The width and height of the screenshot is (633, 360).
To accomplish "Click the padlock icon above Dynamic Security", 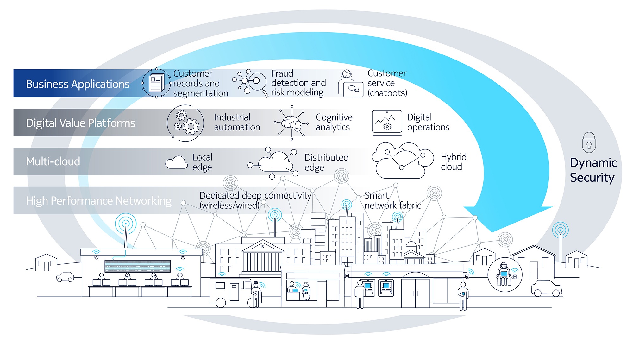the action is (x=589, y=142).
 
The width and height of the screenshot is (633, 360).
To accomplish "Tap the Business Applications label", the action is (x=78, y=84).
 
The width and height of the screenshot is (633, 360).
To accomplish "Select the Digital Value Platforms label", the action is (x=81, y=123).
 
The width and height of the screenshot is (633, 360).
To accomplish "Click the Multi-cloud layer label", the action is (x=53, y=161).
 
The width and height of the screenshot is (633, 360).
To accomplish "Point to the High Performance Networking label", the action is (x=99, y=201).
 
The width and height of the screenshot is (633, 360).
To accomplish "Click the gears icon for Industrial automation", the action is (x=185, y=123).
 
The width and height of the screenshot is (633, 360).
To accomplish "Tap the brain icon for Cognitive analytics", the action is (x=291, y=123).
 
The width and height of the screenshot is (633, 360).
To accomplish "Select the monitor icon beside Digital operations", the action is (x=387, y=123).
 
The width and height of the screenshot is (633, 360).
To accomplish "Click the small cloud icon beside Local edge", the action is (x=177, y=162).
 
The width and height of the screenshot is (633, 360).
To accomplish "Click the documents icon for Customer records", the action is (x=157, y=83).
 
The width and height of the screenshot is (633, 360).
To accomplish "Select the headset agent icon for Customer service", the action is (x=350, y=83).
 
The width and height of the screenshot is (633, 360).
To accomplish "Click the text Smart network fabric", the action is (x=392, y=200).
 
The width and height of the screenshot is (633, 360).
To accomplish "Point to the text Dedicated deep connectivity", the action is (x=255, y=195).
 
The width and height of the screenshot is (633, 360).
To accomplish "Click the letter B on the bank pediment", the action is (x=262, y=247).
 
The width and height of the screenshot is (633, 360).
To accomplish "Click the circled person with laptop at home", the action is (x=505, y=274).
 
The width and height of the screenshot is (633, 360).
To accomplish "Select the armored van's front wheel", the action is (x=221, y=303).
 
